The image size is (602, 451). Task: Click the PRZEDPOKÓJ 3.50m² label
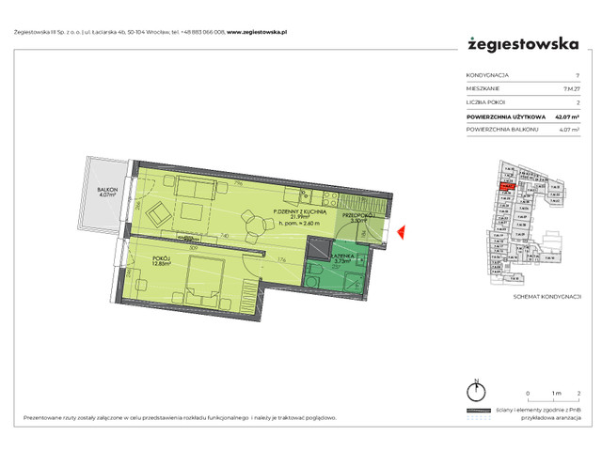358,217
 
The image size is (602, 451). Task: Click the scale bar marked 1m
554,400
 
